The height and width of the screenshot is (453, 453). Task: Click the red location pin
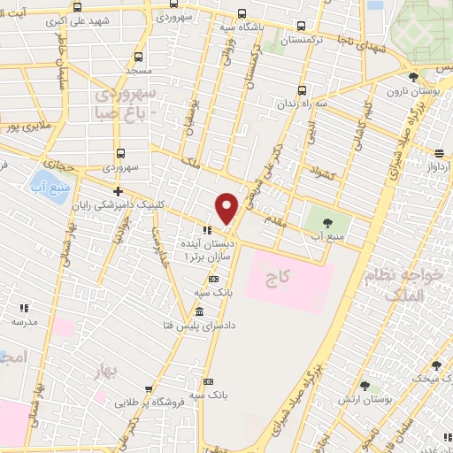pyautogui.click(x=227, y=207)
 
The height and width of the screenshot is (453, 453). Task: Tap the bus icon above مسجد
pyautogui.click(x=137, y=56)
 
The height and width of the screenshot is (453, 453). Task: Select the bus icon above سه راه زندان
pyautogui.click(x=303, y=89)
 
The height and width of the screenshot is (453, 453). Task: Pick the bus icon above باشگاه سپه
pyautogui.click(x=242, y=14)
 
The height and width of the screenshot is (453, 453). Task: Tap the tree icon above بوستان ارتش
pyautogui.click(x=365, y=386)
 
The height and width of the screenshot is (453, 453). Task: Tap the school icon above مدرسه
pyautogui.click(x=25, y=309)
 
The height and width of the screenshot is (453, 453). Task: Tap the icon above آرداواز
pyautogui.click(x=440, y=152)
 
